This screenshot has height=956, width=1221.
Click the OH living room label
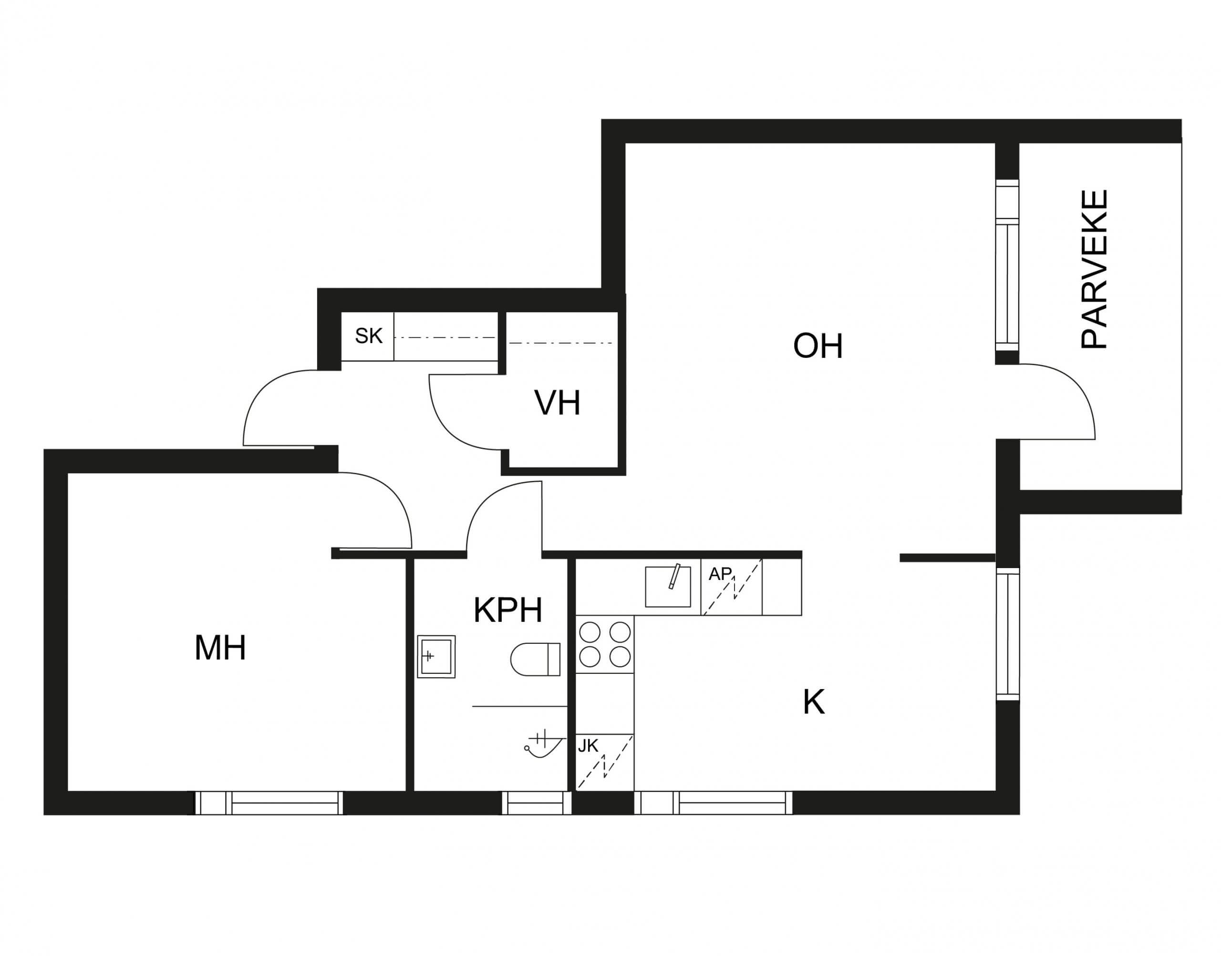tap(817, 346)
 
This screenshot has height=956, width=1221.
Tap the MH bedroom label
tap(220, 648)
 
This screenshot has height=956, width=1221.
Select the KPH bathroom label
tap(508, 610)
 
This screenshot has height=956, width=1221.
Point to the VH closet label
tap(557, 403)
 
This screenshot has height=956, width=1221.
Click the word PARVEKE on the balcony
tap(1094, 270)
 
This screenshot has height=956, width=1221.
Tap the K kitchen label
tap(814, 702)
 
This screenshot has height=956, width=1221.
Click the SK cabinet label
tap(369, 336)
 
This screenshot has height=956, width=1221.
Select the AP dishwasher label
tap(720, 574)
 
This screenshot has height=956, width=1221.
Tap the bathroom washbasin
tap(436, 657)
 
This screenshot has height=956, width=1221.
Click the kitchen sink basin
tap(668, 587)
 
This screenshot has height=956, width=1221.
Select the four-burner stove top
tap(605, 644)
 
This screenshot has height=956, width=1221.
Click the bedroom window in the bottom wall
tap(269, 803)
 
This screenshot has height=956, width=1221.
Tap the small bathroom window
tap(536, 803)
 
